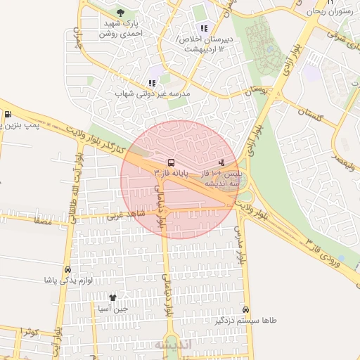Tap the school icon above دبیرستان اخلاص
tap(204, 28)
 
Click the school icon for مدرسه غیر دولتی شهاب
tap(152, 83)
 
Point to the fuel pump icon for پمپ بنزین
tap(8, 115)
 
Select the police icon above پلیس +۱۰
tap(222, 162)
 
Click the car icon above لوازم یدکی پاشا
tap(67, 270)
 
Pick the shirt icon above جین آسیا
tap(112, 298)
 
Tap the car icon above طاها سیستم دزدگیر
tap(245, 309)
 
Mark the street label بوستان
tap(255, 91)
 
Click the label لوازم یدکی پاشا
tap(69, 280)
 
